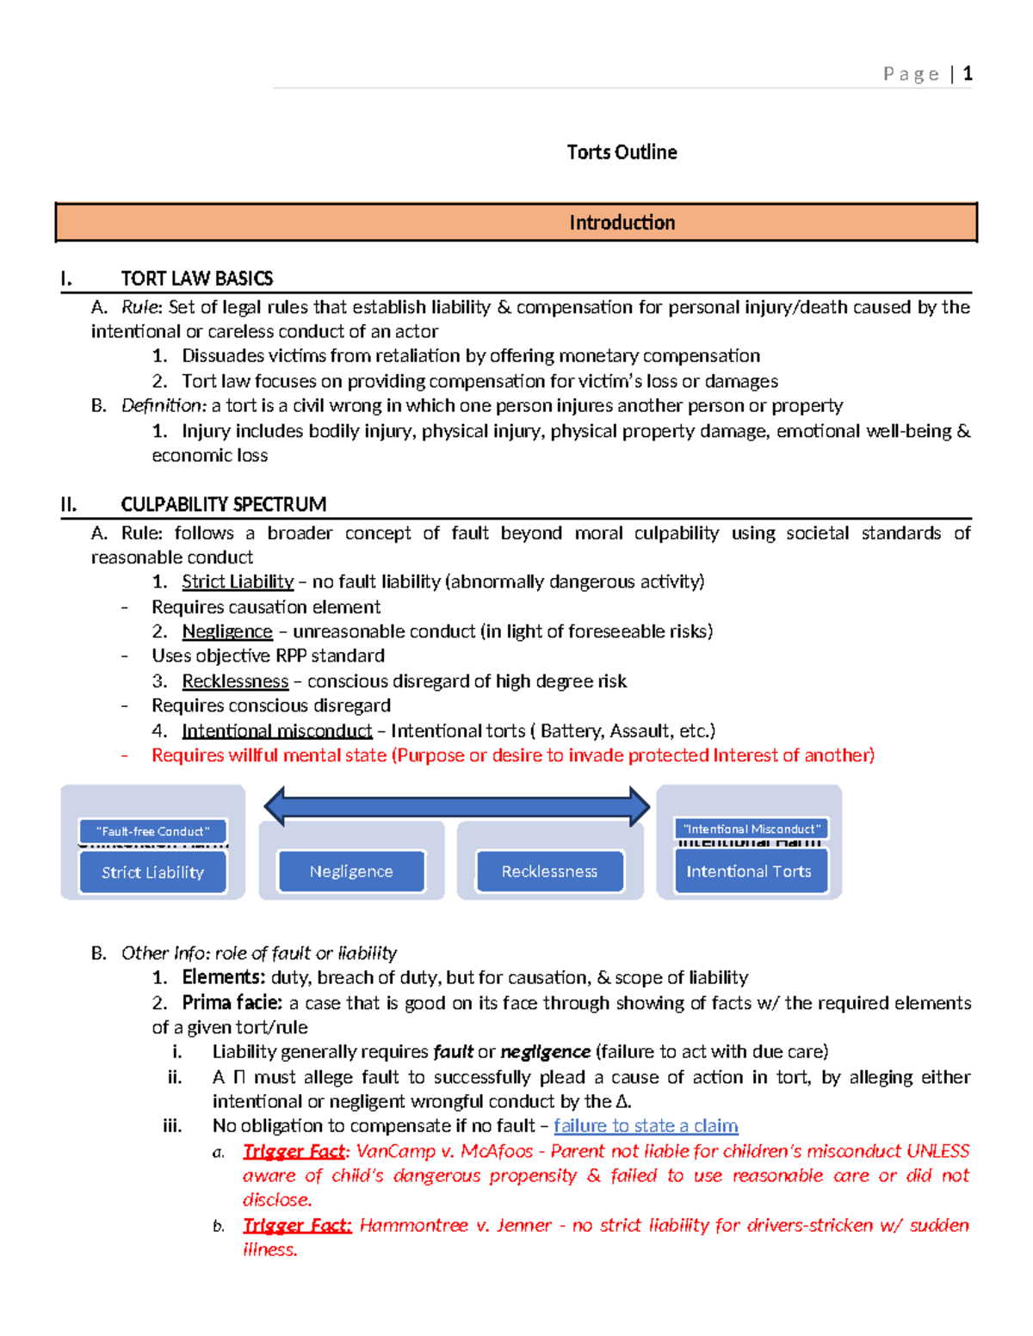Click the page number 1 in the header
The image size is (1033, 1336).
coord(968,74)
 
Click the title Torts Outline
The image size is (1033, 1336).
coord(622,152)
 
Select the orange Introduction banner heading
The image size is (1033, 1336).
coord(622,223)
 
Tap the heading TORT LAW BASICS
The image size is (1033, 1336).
coord(196,279)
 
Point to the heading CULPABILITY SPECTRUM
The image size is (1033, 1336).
coord(223,504)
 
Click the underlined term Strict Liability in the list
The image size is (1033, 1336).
coord(238,582)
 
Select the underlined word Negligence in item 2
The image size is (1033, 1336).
coord(227,632)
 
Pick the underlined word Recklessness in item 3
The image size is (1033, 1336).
coord(235,681)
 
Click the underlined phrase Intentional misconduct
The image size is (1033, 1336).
coord(276,731)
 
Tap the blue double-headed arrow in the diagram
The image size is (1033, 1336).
coord(456,806)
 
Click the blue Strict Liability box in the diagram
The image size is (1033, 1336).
coord(152,872)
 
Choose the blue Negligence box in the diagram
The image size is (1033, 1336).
coord(351,871)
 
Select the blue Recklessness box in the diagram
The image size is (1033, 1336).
coord(549,871)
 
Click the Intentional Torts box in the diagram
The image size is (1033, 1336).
coord(749,871)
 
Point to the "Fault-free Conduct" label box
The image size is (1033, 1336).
coord(152,831)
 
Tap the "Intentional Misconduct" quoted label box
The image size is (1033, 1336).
coord(751,828)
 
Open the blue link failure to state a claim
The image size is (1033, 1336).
coord(646,1126)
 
